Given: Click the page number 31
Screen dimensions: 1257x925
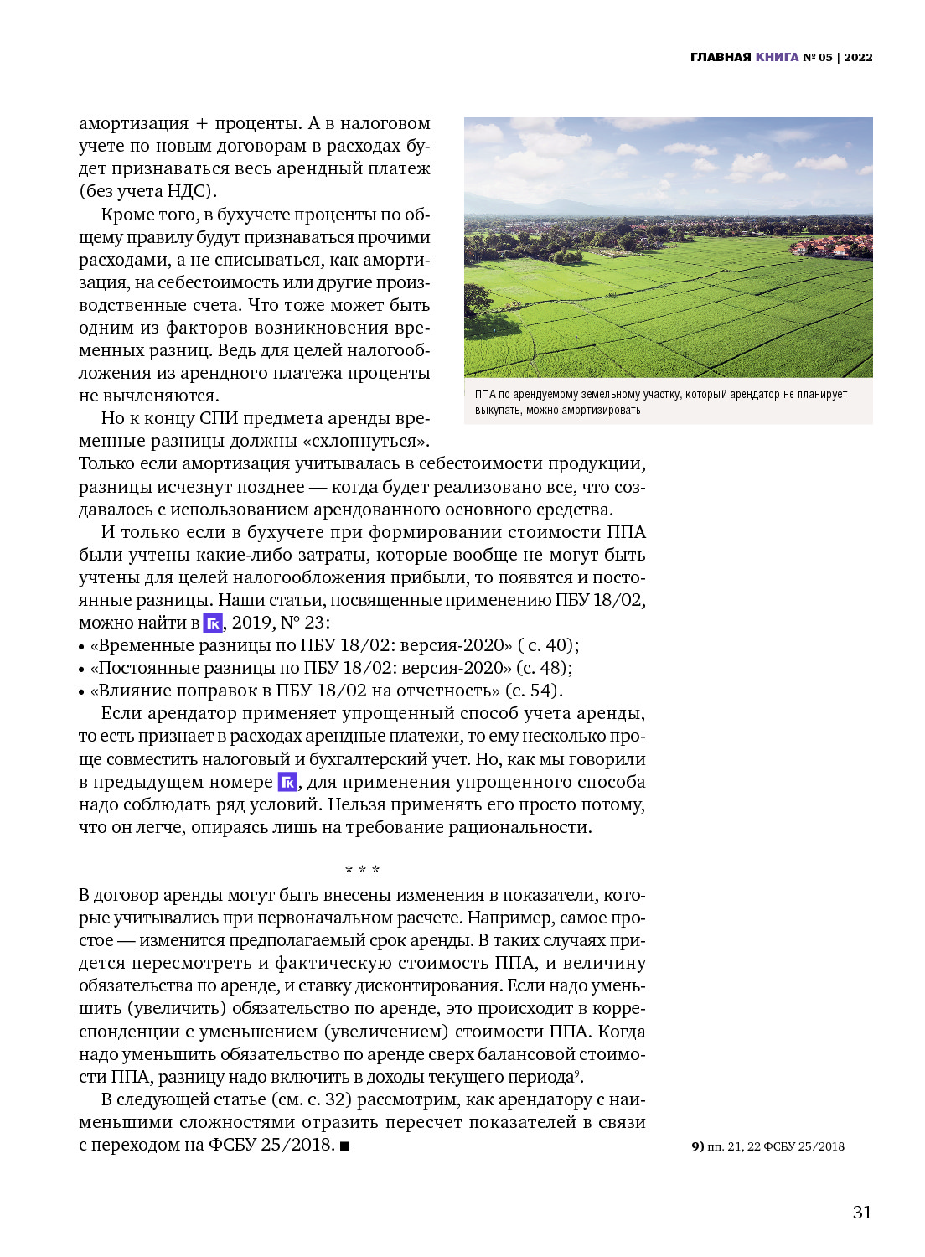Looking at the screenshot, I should coord(862,1212).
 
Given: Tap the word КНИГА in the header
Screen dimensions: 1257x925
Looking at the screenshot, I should coord(777,57).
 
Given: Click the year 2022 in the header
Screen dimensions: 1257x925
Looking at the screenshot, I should coord(858,57).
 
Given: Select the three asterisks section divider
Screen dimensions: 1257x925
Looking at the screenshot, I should coord(362,870).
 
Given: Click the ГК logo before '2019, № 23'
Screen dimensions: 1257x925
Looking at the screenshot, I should coord(213,623).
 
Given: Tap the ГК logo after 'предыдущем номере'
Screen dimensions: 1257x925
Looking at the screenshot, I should coord(287,782).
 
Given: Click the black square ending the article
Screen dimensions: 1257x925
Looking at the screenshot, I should coord(344,1146).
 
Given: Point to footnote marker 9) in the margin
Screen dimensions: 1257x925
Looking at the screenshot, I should coord(697,1146).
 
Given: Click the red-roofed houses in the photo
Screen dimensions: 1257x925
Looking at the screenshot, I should coord(829,246).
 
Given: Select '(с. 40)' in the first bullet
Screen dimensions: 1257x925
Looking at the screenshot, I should coord(548,645).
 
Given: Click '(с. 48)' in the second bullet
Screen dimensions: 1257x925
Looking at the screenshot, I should coord(543,668).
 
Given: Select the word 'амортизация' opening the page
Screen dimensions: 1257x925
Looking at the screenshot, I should coord(134,123).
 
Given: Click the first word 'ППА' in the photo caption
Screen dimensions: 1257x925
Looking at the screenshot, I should coord(485,394).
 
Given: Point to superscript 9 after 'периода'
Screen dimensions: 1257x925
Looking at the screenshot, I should coord(576,1073).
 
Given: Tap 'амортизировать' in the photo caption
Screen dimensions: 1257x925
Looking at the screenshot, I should coord(601,410).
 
